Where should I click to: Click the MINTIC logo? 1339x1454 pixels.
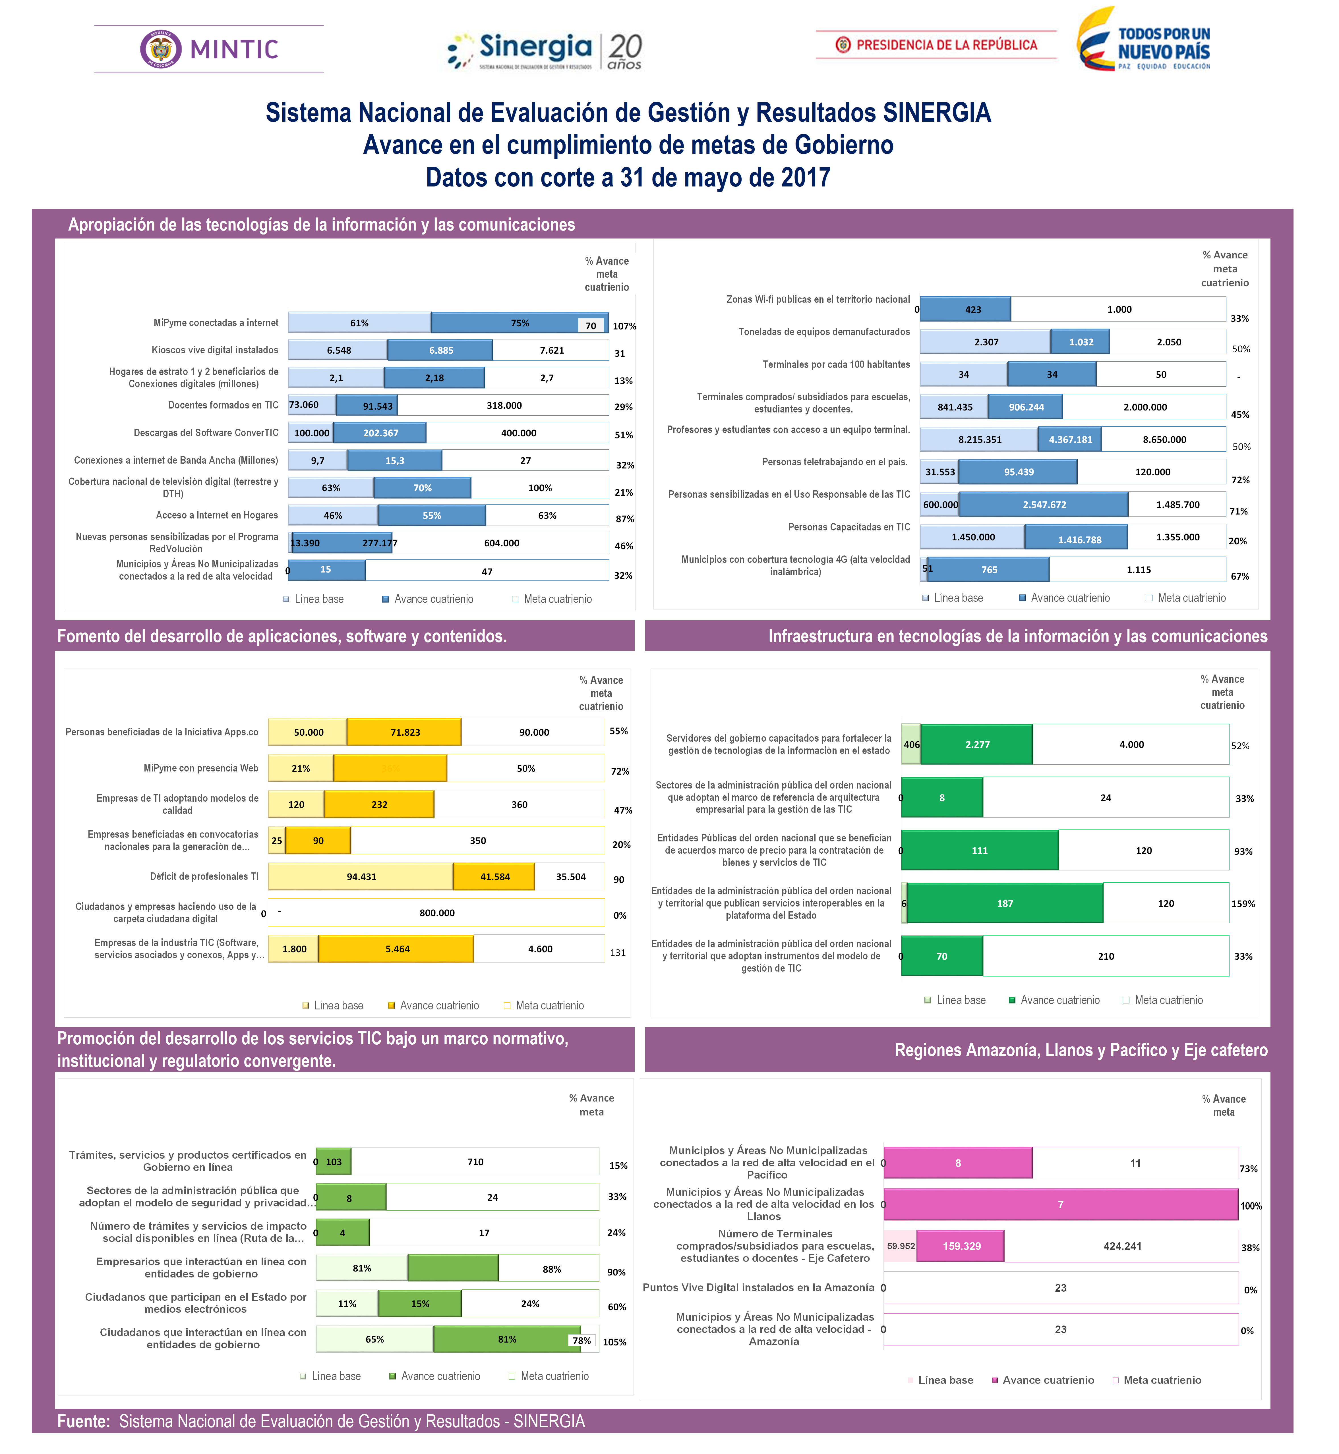coord(209,49)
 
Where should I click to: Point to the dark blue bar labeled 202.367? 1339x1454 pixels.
coord(380,433)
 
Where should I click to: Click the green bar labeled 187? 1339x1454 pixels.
coord(1005,903)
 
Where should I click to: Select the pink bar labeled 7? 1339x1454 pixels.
coord(1061,1205)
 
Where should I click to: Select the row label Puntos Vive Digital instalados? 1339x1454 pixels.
coord(758,1287)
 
